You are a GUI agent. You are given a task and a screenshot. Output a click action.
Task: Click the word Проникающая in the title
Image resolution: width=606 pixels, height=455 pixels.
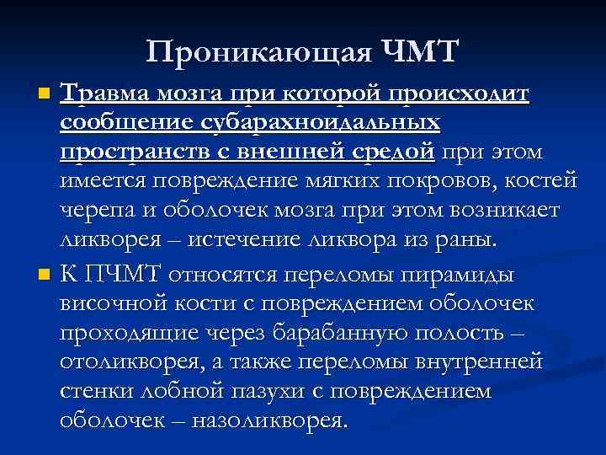[x=258, y=52]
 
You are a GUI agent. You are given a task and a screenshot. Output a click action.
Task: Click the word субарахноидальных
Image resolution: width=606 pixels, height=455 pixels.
[x=319, y=122]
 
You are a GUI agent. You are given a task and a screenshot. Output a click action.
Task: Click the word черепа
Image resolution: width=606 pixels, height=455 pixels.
[x=94, y=211]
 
